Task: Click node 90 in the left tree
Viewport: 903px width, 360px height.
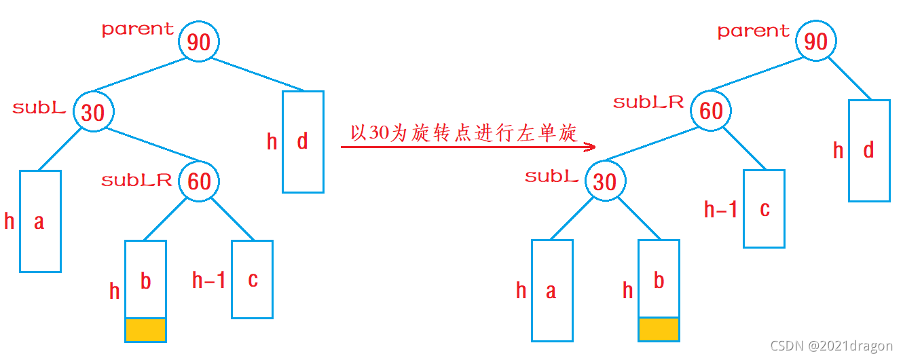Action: point(199,42)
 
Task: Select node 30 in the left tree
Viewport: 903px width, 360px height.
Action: point(93,112)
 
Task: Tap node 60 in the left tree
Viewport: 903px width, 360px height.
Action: point(199,181)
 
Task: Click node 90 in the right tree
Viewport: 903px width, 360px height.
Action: point(815,41)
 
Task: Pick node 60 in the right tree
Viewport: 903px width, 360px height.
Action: point(711,111)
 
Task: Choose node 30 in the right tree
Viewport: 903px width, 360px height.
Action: point(605,181)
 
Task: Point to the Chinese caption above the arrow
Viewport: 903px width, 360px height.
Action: point(464,132)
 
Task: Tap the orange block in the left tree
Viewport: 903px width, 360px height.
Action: point(145,329)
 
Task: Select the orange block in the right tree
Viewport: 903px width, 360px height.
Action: point(659,329)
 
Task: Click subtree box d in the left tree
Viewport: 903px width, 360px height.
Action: point(303,141)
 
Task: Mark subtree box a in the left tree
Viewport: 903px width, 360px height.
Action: point(40,221)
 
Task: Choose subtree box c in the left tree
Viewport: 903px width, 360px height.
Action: point(252,279)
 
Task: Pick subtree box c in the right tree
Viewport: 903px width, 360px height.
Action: point(764,209)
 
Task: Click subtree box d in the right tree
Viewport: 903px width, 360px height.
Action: point(869,150)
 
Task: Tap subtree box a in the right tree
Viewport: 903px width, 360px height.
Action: point(551,290)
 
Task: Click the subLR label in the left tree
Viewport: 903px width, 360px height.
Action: point(136,181)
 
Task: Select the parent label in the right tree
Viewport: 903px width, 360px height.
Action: point(754,31)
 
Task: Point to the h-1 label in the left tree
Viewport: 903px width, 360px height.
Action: point(208,280)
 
